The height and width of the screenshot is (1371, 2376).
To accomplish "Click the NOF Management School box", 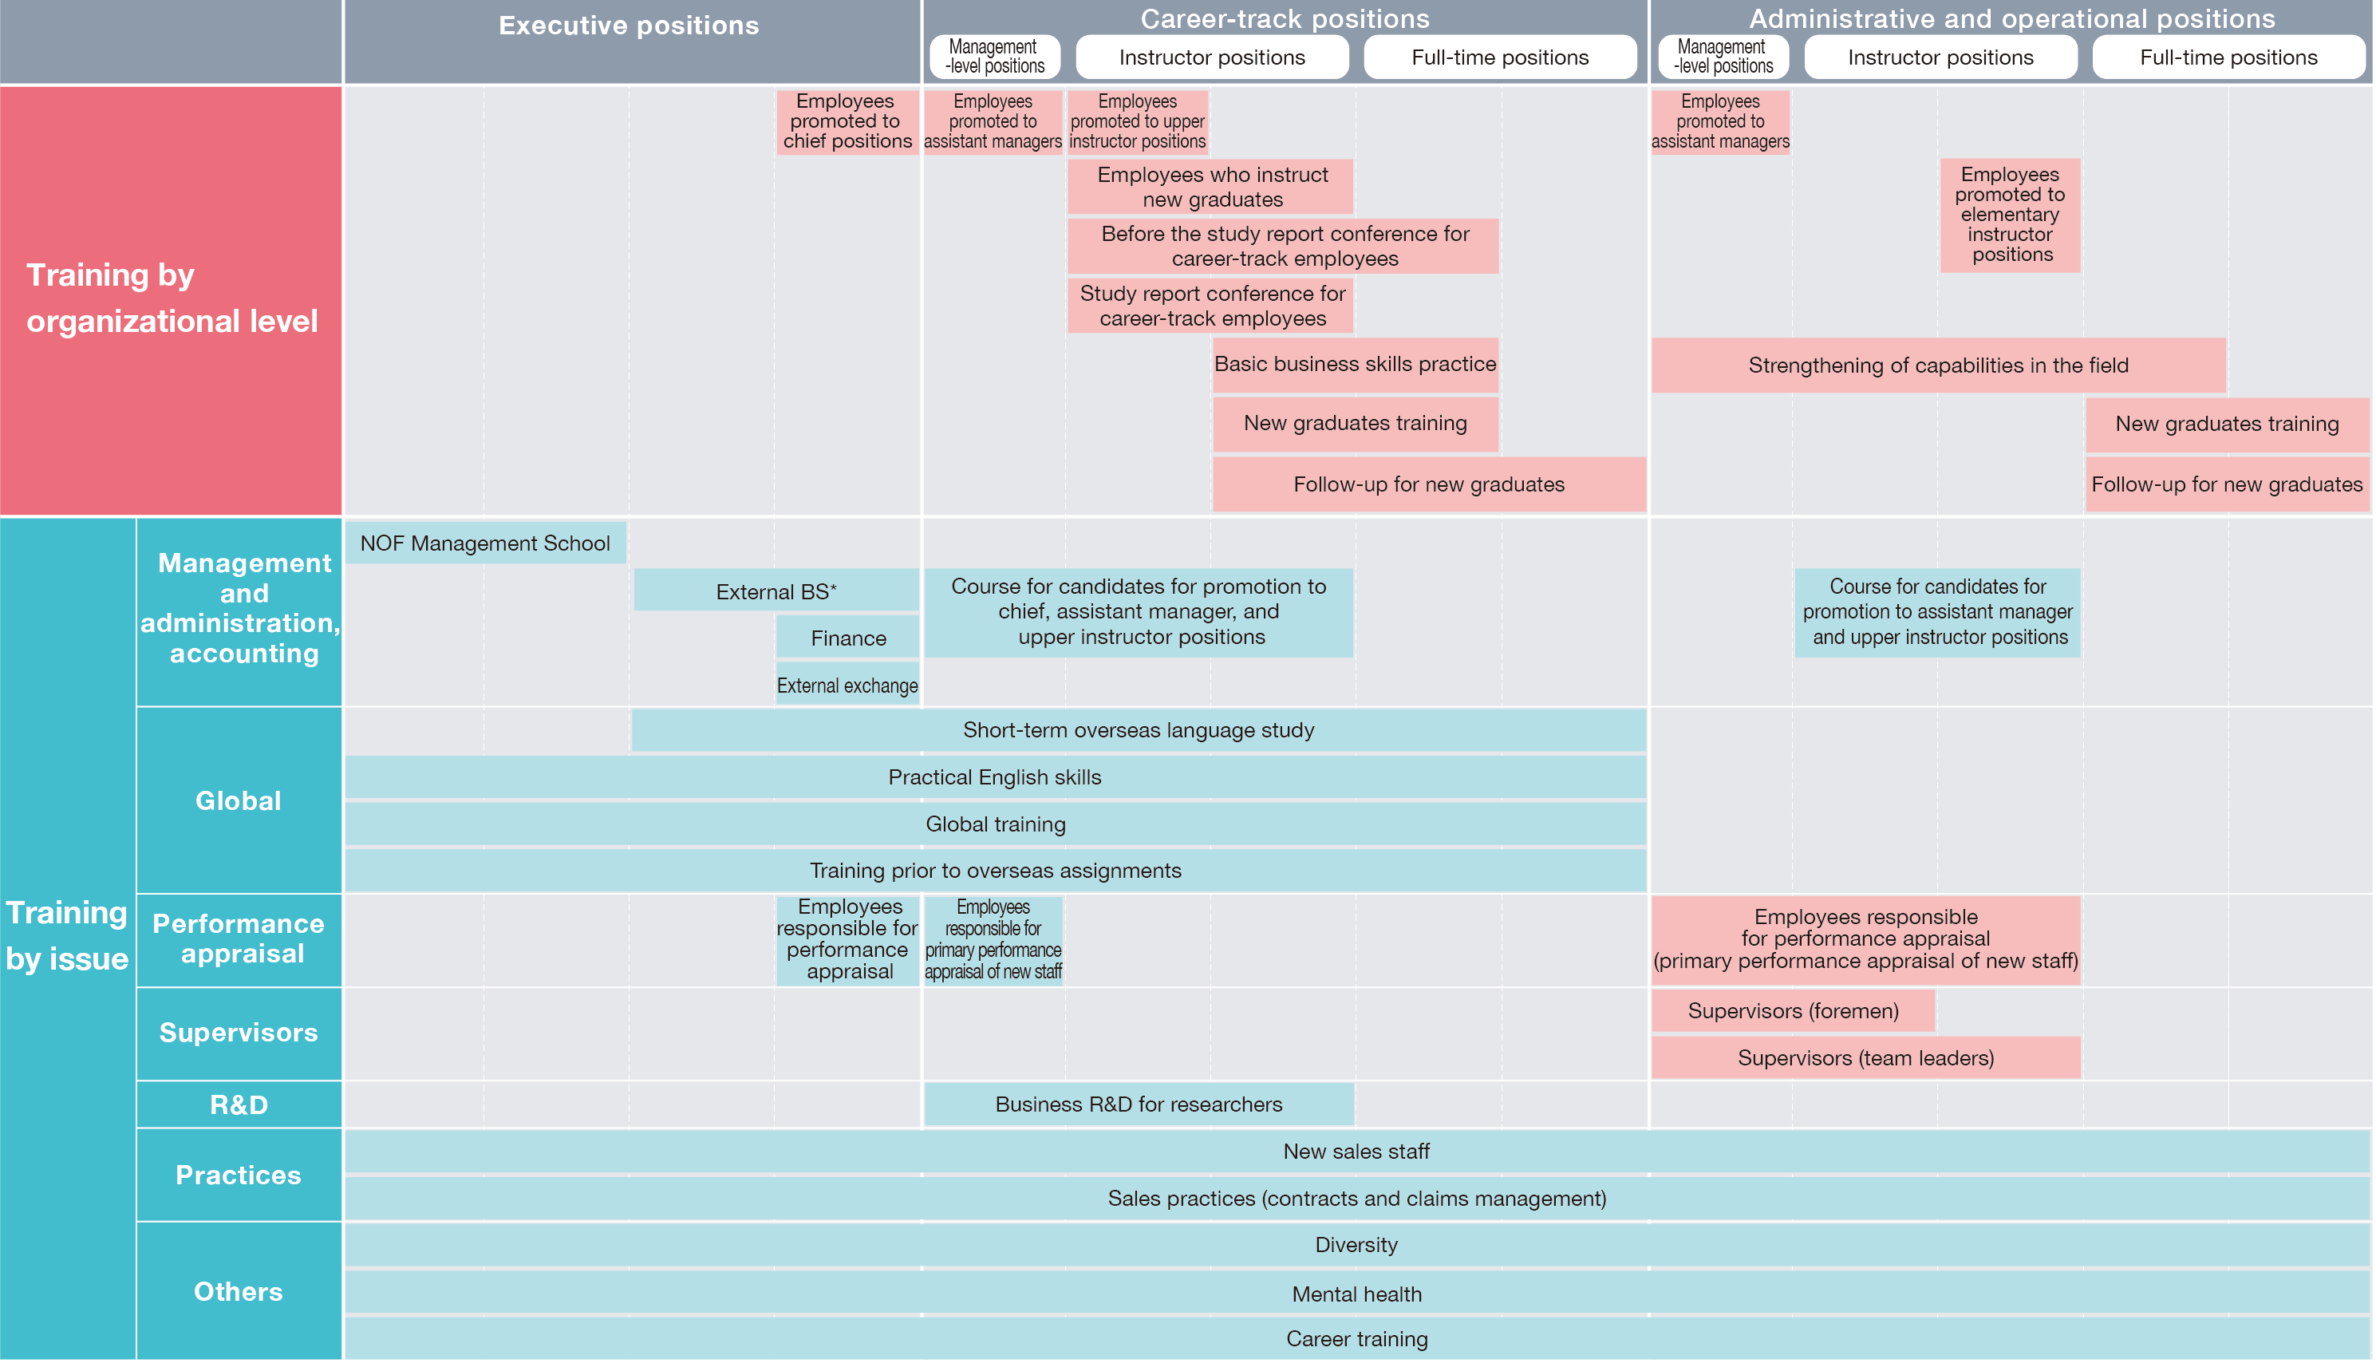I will [485, 543].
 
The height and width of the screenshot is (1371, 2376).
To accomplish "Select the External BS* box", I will [776, 591].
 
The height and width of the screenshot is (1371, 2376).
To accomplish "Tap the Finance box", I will [847, 638].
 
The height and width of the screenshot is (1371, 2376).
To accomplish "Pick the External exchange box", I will [847, 685].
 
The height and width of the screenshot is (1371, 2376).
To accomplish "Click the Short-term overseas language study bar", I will [1138, 729].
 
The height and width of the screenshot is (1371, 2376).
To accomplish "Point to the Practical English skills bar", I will [995, 776].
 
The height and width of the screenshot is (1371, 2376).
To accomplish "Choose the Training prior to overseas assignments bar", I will [995, 870].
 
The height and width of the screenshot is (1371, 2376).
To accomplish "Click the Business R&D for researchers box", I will [1138, 1104].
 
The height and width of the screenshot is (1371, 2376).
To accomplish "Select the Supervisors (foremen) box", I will [1792, 1010].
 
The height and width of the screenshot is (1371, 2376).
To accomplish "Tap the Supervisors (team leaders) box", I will [1865, 1057].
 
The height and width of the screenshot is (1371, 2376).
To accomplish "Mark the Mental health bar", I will [1356, 1294].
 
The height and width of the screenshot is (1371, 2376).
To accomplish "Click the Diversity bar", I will [1356, 1245].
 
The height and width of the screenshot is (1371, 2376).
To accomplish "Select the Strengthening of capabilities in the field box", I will [1937, 365].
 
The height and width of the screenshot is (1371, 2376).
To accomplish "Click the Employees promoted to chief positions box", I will [847, 121].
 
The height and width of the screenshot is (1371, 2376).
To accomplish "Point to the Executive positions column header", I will [629, 26].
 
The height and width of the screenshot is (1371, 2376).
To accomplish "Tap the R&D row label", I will [239, 1104].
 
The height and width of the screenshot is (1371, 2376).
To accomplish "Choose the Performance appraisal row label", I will [239, 938].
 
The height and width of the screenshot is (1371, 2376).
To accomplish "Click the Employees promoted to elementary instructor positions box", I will [2010, 215].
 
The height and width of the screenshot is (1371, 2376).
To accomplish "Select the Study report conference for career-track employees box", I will [1211, 306].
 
